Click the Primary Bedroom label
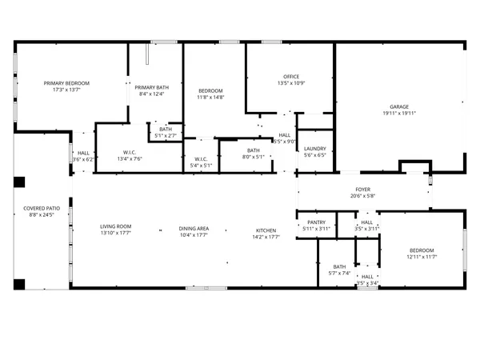[66, 83]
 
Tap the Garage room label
[399, 106]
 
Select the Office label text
[290, 77]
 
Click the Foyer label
[362, 190]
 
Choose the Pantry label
[316, 223]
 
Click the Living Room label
[116, 226]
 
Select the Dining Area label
[194, 229]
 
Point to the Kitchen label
[266, 229]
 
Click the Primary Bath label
[150, 87]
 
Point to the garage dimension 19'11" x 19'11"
[399, 113]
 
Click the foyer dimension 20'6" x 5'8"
[362, 197]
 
